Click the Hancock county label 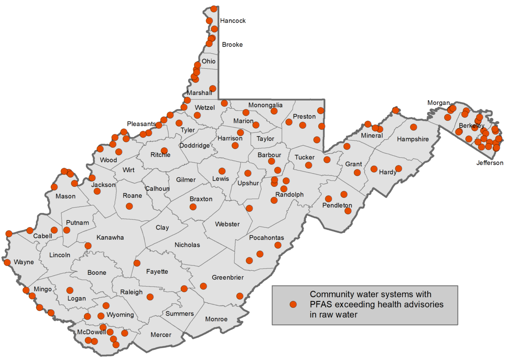[x=233, y=21]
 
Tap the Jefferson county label [x=490, y=163]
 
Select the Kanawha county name [x=110, y=238]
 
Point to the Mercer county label [x=161, y=335]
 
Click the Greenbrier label [x=228, y=278]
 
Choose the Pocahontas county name [x=266, y=238]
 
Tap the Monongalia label [x=265, y=105]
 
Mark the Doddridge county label [x=194, y=146]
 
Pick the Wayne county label [x=24, y=262]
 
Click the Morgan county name [x=438, y=103]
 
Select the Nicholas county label [x=187, y=245]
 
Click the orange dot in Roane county [x=129, y=206]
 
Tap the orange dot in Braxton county [x=193, y=207]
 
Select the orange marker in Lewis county [x=222, y=171]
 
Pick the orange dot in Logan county [x=70, y=290]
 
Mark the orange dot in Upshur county [x=248, y=173]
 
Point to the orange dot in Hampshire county [x=413, y=127]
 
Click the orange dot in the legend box [x=293, y=304]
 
